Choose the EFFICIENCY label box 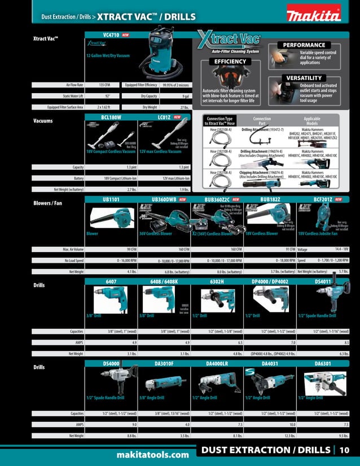(229, 61)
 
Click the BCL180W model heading (111, 117)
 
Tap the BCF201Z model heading (323, 199)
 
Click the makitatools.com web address (152, 455)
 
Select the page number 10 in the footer (344, 450)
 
